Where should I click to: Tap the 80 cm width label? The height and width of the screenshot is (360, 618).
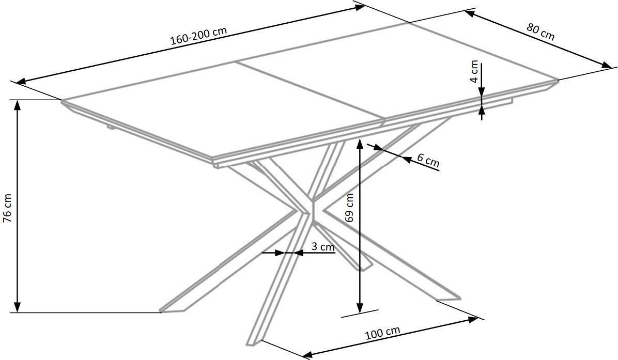tap(540, 32)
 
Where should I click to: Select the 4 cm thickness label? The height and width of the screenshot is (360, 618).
tap(474, 71)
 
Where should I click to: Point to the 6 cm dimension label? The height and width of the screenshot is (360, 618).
tap(428, 161)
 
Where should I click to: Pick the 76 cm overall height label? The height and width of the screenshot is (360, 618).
tap(7, 208)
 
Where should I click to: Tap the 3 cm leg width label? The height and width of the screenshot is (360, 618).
tap(323, 247)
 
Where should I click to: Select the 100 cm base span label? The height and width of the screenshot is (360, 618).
tap(382, 333)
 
